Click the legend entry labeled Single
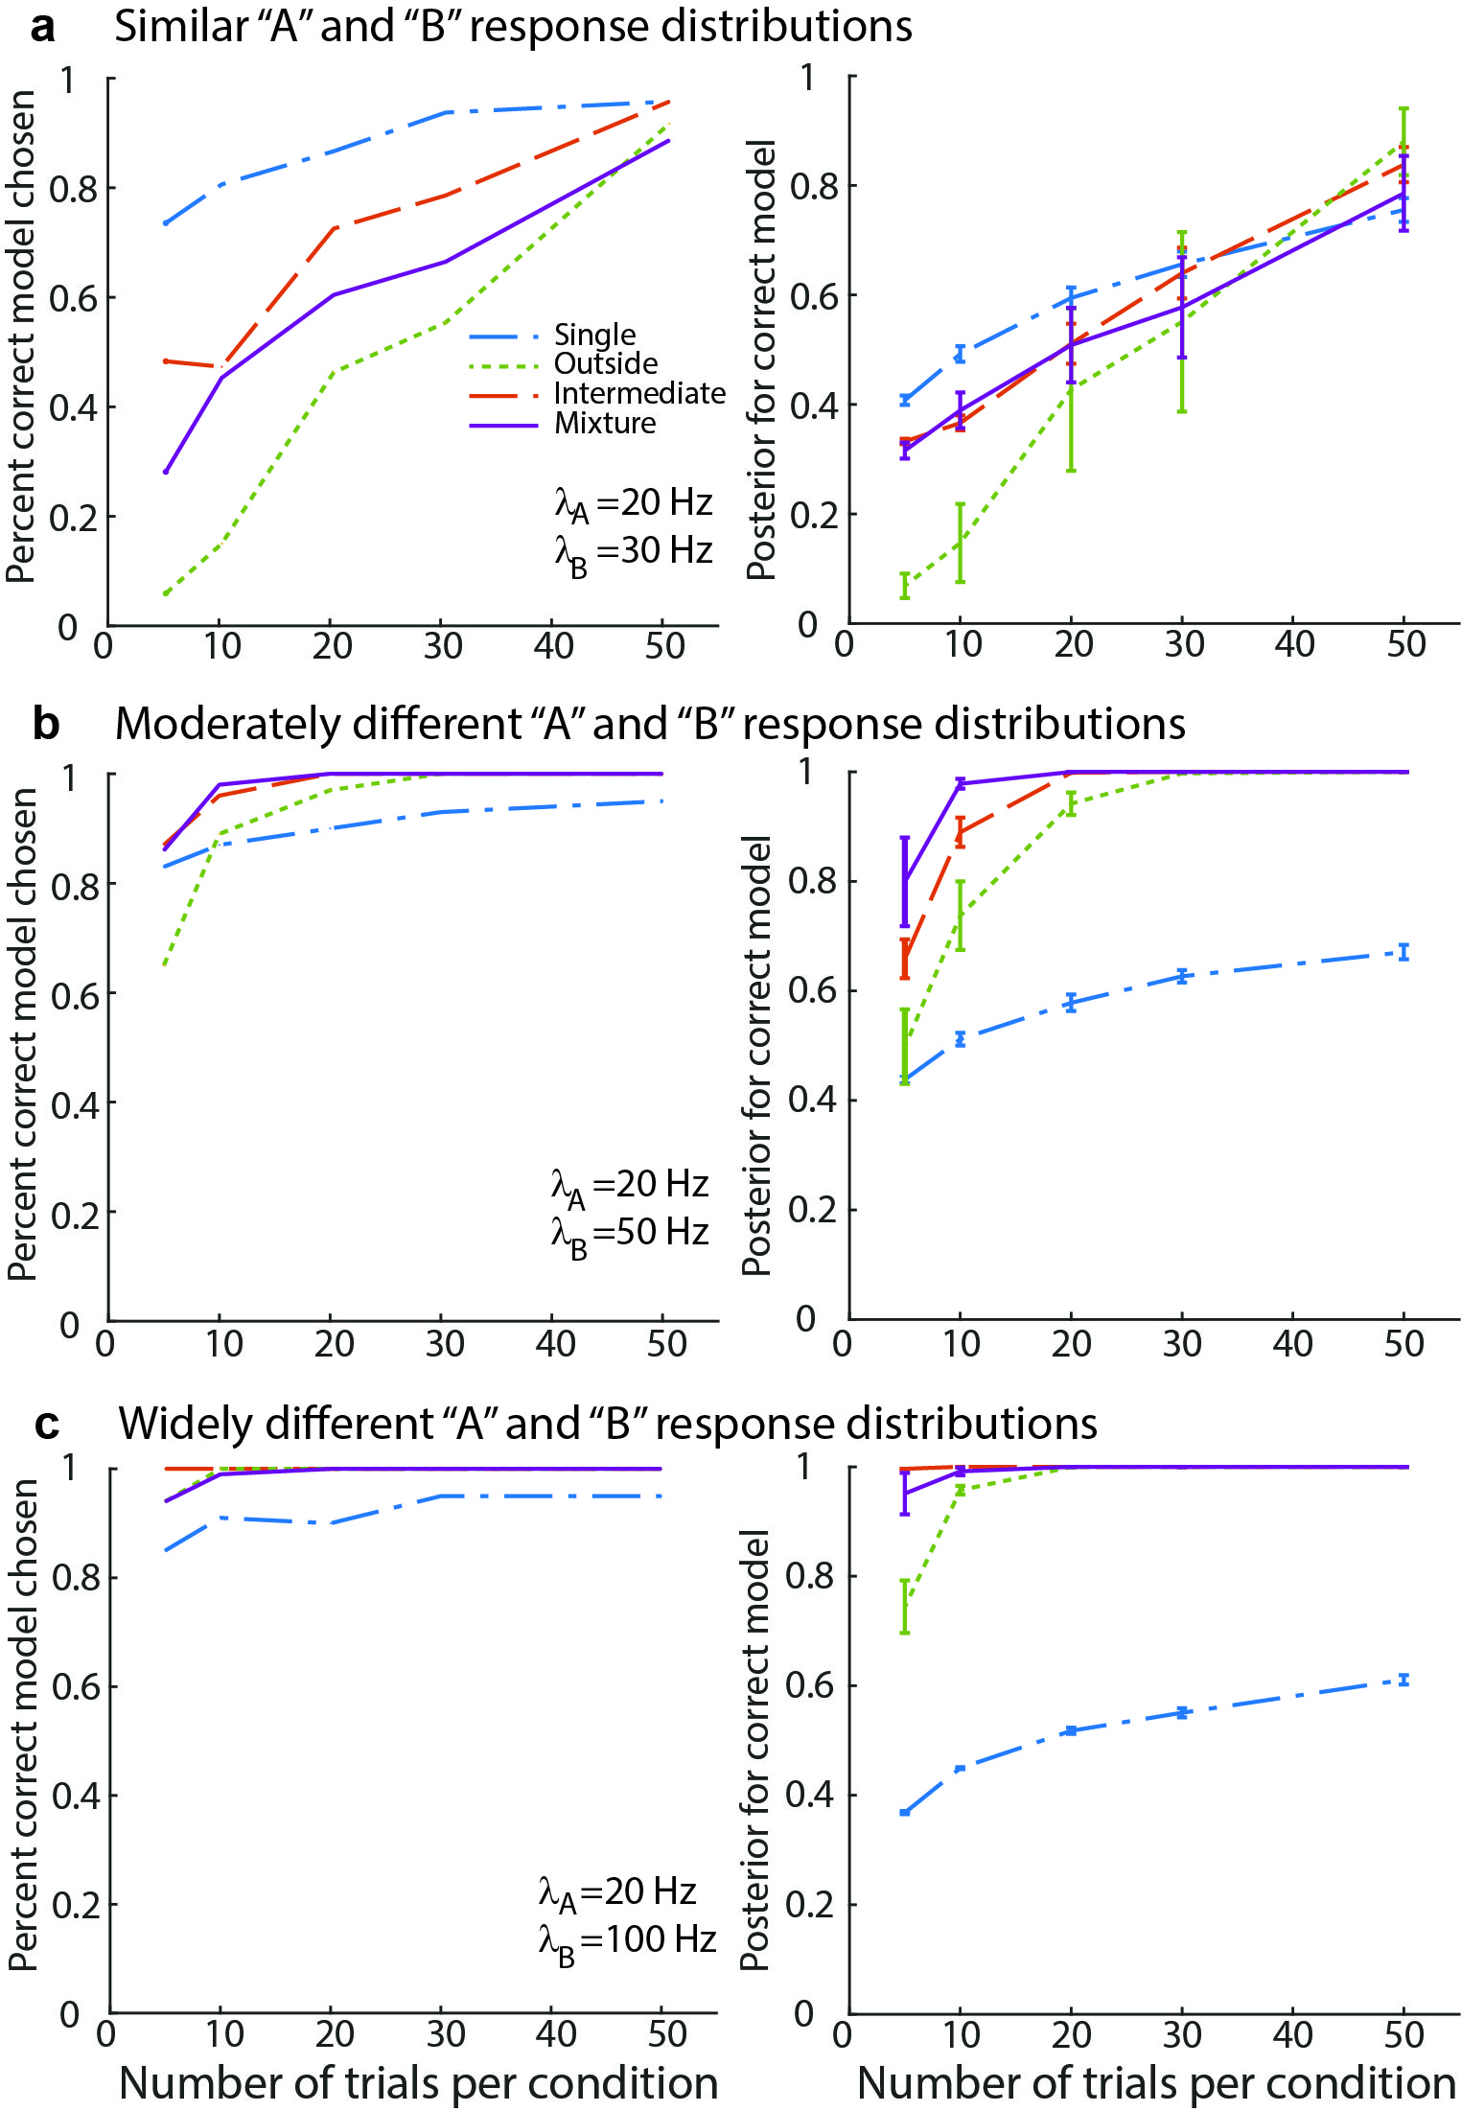coord(594,335)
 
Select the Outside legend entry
coord(605,363)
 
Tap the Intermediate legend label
coord(638,393)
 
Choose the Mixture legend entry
coord(604,423)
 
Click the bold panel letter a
coord(42,27)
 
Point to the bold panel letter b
coord(45,724)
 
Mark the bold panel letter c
coord(46,1425)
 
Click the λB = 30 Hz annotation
coord(633,553)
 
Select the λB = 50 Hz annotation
coord(629,1235)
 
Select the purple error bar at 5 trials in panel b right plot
coord(904,882)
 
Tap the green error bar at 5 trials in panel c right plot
coord(904,1607)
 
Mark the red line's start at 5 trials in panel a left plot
coord(166,361)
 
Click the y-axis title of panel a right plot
coord(761,360)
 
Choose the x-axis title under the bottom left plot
coord(418,2082)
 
